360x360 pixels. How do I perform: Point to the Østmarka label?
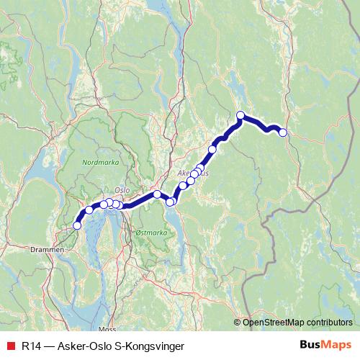click(x=150, y=233)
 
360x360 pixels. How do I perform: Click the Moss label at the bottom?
click(x=108, y=328)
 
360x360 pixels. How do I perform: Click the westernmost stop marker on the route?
click(x=78, y=225)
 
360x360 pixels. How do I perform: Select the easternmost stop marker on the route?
click(x=283, y=132)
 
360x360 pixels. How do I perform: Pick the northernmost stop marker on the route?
click(x=240, y=115)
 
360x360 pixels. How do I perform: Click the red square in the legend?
click(x=10, y=346)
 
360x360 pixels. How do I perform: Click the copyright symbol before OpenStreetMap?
click(x=238, y=323)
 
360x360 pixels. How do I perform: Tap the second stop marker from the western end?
click(x=89, y=210)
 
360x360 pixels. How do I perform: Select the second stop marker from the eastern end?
click(x=240, y=115)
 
